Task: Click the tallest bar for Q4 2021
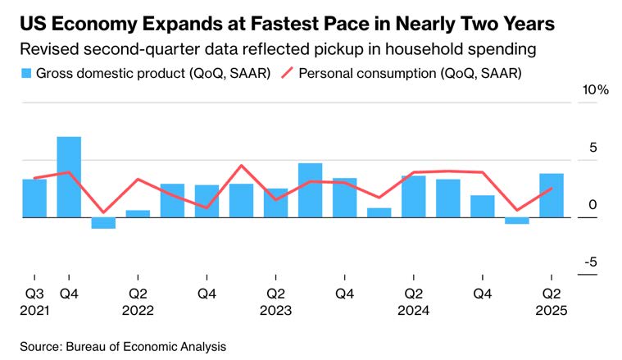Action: coord(69,177)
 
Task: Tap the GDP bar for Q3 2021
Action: coord(34,198)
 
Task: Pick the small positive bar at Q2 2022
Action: coord(138,213)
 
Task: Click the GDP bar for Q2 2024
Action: coord(413,196)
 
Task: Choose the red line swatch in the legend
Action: coord(284,74)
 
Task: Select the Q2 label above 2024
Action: coord(413,294)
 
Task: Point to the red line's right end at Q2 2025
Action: coord(551,189)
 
